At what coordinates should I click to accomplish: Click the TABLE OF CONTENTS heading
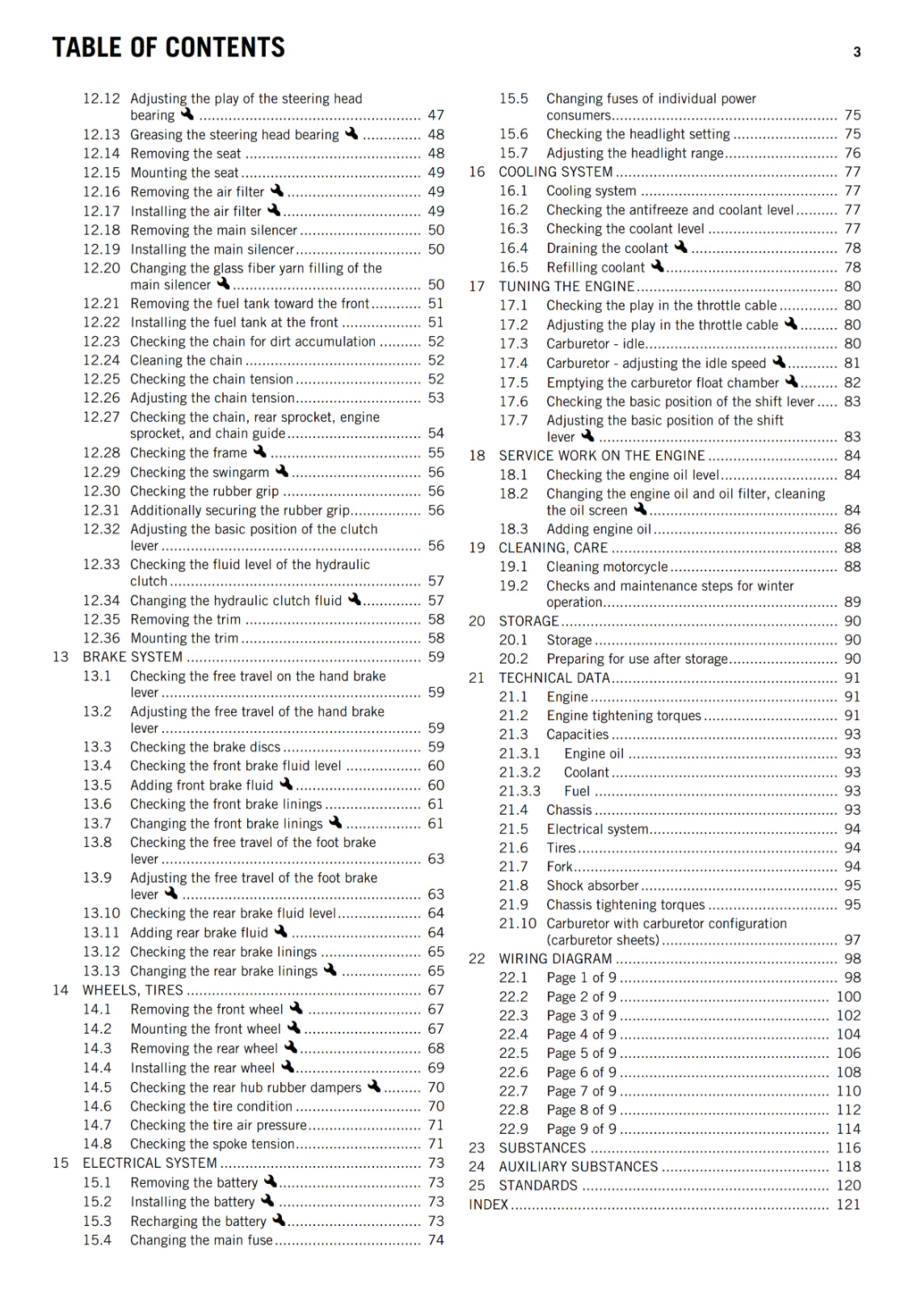coord(168,48)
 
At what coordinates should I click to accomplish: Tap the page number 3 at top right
coord(856,53)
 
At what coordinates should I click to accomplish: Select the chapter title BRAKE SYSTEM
coord(133,657)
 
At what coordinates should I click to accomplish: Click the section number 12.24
coord(101,360)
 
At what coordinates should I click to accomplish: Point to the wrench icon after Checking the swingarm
coord(281,470)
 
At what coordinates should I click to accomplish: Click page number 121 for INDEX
coord(848,1204)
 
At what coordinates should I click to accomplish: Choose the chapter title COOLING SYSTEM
coord(555,172)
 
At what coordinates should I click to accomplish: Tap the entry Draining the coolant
coord(607,248)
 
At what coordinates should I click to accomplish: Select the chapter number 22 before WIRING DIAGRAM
coord(477,958)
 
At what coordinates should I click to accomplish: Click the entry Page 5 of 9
coord(581,1053)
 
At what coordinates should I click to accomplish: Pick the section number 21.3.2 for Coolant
coord(520,773)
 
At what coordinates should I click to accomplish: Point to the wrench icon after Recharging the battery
coord(279,1219)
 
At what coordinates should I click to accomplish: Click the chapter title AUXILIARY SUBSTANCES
coord(578,1167)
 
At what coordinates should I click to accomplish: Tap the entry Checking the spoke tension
coord(212,1144)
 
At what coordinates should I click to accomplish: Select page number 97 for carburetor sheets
coord(852,940)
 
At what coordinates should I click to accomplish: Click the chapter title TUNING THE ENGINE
coord(566,287)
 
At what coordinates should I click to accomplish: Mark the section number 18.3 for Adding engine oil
coord(513,529)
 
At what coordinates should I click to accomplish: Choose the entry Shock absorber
coord(592,886)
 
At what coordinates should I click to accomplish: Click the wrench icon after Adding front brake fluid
coord(286,784)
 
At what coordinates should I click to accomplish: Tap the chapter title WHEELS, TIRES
coord(133,991)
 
